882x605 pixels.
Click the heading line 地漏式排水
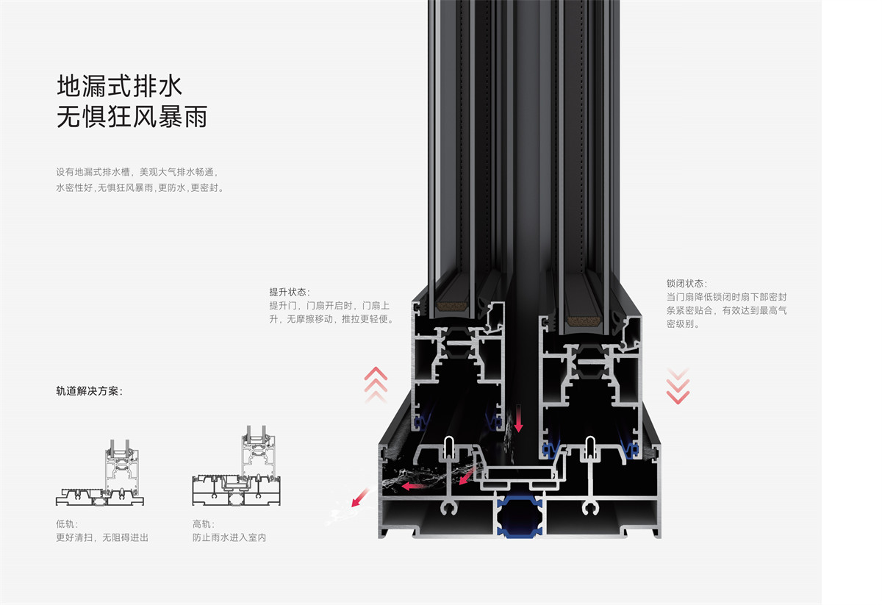tap(119, 86)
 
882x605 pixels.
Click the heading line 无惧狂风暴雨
tap(132, 117)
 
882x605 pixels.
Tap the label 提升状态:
tap(290, 292)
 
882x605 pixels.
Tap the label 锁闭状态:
tap(686, 283)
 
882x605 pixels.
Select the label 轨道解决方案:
tap(90, 391)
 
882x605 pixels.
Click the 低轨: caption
tap(65, 524)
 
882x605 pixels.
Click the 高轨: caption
tap(203, 524)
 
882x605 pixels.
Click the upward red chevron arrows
tap(376, 384)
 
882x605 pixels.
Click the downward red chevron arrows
tap(678, 386)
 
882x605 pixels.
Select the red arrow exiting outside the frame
tap(359, 499)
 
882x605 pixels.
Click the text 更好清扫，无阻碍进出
tap(102, 537)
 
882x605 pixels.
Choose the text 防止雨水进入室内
tap(229, 537)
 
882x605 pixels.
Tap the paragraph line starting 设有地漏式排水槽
tap(137, 172)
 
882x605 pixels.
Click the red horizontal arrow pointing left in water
tap(415, 485)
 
